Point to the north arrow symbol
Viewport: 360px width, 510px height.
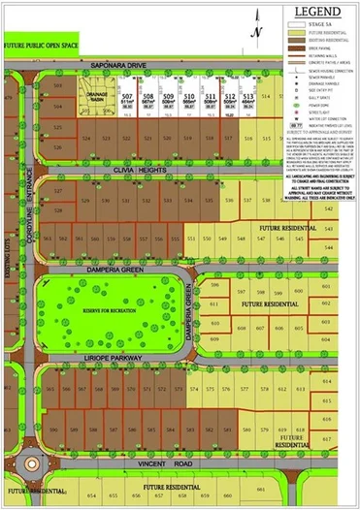(x=254, y=27)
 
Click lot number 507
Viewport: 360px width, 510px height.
(x=127, y=97)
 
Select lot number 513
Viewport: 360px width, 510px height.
(x=248, y=97)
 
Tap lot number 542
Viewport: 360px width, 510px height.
(x=328, y=231)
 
